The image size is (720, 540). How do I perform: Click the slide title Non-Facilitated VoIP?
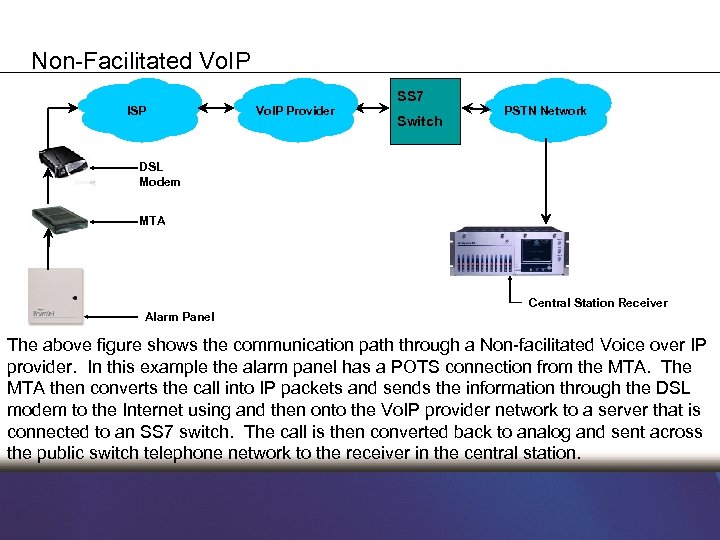(x=141, y=61)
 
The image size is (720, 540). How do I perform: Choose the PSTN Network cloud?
(x=545, y=110)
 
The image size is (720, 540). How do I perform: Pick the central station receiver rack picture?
(x=509, y=251)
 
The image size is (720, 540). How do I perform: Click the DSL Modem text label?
(x=160, y=175)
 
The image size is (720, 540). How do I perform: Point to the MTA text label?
(x=153, y=221)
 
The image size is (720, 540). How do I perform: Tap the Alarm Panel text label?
(x=180, y=317)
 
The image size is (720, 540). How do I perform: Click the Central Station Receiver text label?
(x=597, y=303)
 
